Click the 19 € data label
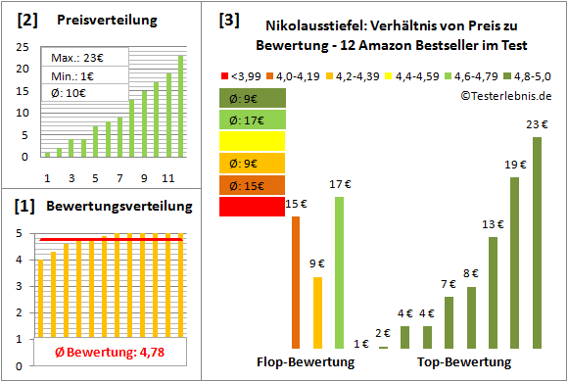(514, 165)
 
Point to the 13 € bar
(493, 292)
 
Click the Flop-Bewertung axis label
(306, 361)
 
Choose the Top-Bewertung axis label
(464, 361)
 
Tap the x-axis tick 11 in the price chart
(167, 177)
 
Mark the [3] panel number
(228, 19)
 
